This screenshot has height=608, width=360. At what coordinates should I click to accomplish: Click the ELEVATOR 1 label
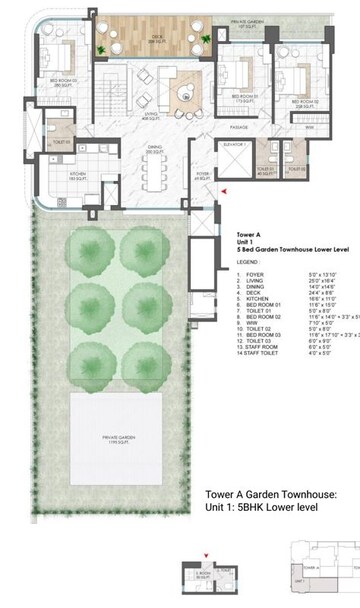coord(235,144)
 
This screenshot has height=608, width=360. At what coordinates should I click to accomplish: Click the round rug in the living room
coord(186,93)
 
